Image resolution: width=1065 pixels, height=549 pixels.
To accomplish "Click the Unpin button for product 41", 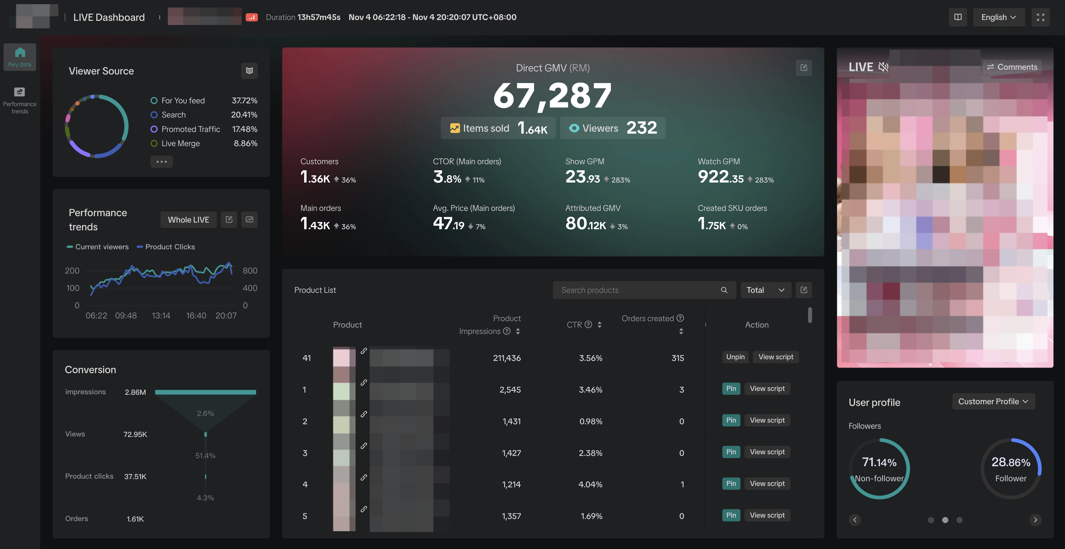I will click(735, 357).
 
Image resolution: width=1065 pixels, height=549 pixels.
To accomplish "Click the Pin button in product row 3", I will click(731, 452).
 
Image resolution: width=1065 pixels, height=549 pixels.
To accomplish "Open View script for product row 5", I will click(767, 515).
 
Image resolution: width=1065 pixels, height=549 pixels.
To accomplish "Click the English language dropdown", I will click(998, 17).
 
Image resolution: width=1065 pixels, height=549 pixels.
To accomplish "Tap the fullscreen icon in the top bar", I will click(1040, 17).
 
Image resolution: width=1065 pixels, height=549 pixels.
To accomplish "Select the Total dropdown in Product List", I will click(765, 290).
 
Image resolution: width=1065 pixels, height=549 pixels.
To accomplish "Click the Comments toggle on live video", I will click(1012, 67).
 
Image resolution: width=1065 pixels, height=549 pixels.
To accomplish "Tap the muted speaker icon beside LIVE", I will click(884, 67).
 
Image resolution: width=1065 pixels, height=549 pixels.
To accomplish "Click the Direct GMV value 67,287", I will click(552, 96).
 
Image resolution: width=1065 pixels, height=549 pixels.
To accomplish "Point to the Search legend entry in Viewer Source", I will click(173, 115).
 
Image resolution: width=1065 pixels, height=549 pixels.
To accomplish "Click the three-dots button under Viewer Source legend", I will click(161, 162).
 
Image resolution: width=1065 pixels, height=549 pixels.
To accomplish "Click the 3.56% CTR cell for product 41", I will click(590, 358).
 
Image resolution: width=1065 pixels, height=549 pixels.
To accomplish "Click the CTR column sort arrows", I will click(599, 325).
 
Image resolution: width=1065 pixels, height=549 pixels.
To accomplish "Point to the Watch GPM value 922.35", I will click(720, 177).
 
